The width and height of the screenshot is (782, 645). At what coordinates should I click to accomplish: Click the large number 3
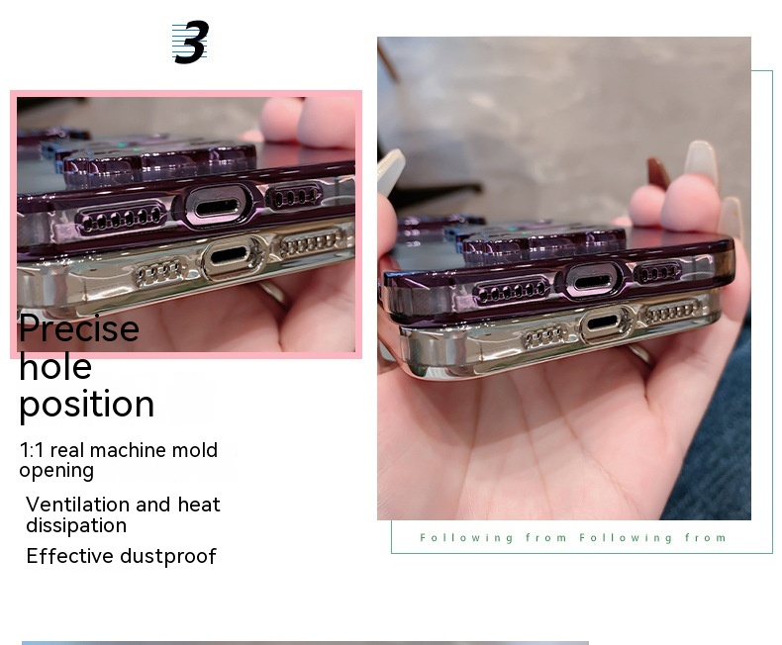pos(191,42)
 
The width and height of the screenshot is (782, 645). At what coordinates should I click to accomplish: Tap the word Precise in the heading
pos(79,328)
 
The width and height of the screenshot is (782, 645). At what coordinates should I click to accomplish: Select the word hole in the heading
pos(55,366)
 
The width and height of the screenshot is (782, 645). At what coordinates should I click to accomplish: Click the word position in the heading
pos(87,405)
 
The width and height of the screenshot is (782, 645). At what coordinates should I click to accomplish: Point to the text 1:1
pos(32,450)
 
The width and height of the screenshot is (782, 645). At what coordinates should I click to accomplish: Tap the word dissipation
pos(76,526)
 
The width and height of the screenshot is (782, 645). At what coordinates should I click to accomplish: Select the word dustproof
pos(168,557)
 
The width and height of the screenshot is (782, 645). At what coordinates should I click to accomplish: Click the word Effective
pos(70,556)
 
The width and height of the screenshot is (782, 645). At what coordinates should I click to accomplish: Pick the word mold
pos(194,450)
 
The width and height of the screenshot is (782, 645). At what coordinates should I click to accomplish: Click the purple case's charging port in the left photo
pos(217,207)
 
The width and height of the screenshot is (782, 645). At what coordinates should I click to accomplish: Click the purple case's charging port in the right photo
pos(592,283)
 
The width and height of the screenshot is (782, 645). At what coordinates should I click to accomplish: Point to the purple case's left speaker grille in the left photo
pos(121,218)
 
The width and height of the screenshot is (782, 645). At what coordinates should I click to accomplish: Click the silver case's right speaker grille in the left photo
pos(312,242)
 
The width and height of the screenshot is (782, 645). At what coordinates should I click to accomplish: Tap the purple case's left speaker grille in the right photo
pos(512,292)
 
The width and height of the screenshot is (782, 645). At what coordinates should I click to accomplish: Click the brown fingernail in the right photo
pos(658,173)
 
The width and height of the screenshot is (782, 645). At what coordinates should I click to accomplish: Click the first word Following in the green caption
pos(466,538)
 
